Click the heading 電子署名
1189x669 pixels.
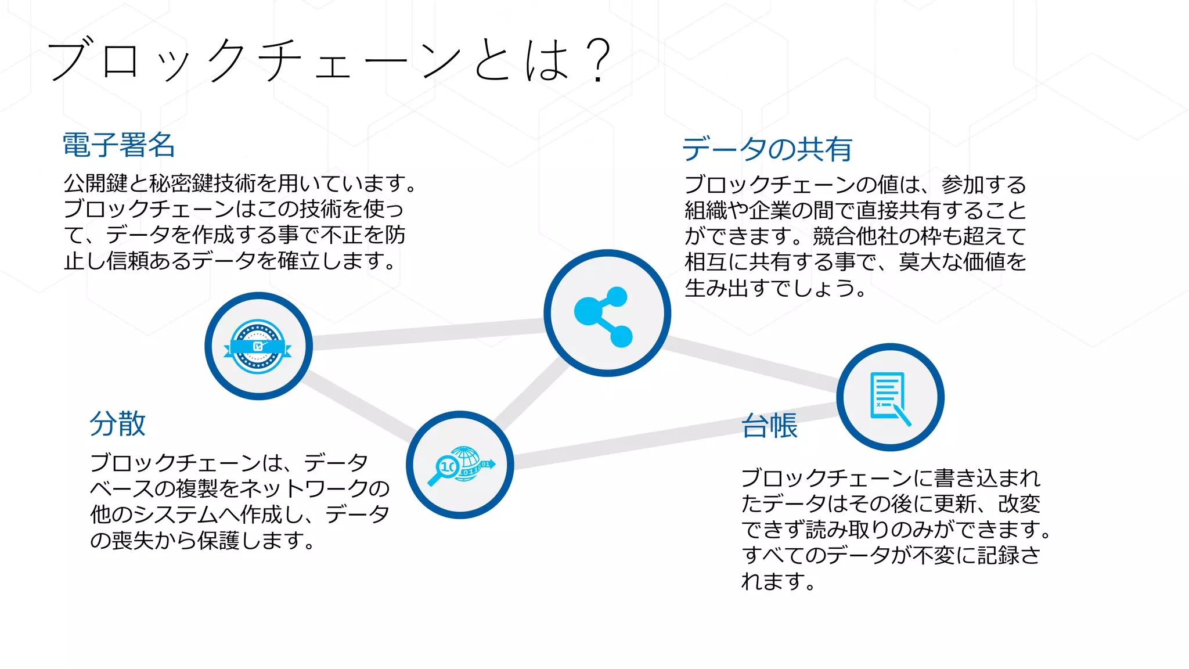pyautogui.click(x=118, y=145)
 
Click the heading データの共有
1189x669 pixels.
pyautogui.click(x=767, y=149)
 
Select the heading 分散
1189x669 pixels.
pyautogui.click(x=118, y=423)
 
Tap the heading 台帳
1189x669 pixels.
pyautogui.click(x=770, y=426)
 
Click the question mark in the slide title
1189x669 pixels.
pyautogui.click(x=598, y=61)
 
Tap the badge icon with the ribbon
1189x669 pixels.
pyautogui.click(x=258, y=347)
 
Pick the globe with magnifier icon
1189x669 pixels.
pyautogui.click(x=460, y=465)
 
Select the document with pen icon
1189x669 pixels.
pyautogui.click(x=889, y=398)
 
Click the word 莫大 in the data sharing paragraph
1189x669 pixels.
pyautogui.click(x=920, y=262)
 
